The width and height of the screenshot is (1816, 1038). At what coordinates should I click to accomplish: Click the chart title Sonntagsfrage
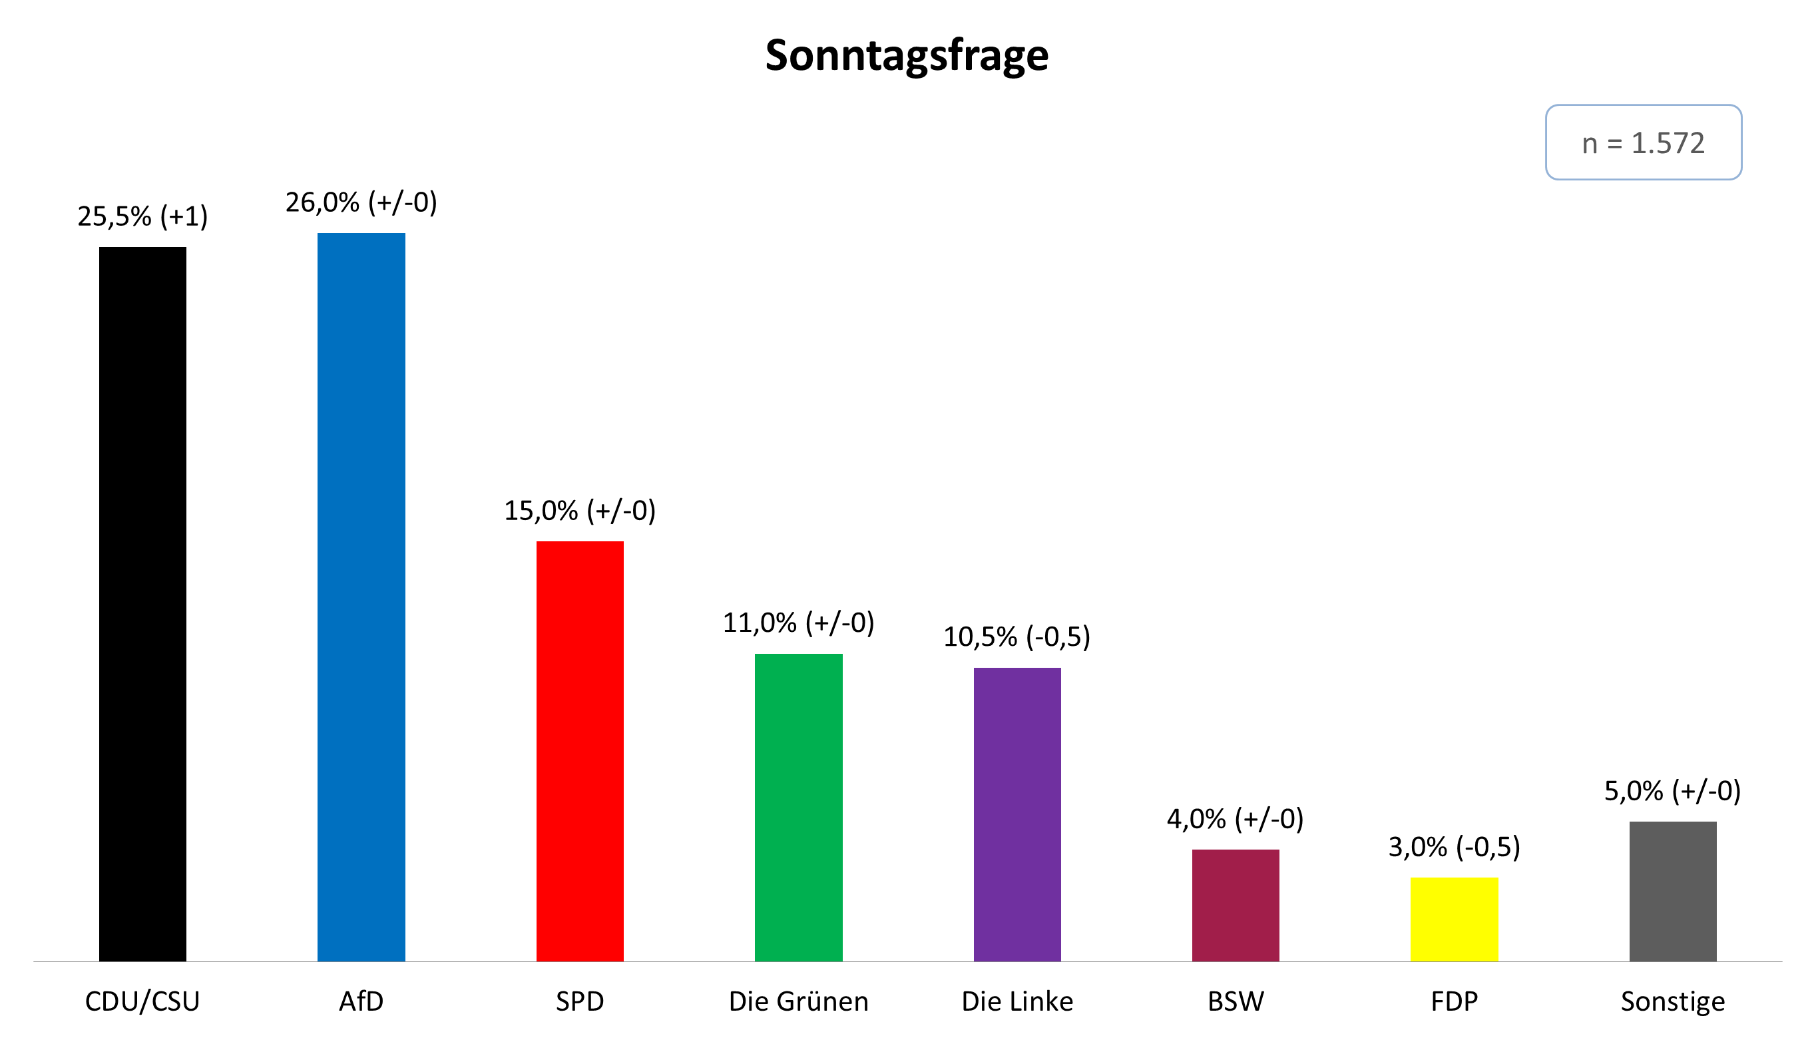pos(907,56)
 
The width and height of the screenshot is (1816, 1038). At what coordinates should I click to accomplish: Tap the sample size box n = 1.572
pos(1643,142)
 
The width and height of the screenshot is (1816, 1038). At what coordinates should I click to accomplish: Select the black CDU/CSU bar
pos(142,604)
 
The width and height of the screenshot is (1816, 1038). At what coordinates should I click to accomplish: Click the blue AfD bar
pos(361,597)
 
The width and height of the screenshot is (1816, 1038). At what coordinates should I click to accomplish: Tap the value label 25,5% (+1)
pos(142,216)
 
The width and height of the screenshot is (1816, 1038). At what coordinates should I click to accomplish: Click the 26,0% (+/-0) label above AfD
pos(361,202)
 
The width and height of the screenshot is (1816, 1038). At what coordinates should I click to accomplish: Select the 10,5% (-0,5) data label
pos(1017,637)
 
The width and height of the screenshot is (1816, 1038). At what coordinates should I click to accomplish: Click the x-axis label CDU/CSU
pos(142,1001)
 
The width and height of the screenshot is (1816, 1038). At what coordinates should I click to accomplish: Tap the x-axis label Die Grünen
pos(798,1001)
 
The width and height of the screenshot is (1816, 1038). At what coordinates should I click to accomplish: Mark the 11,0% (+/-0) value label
pos(798,623)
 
